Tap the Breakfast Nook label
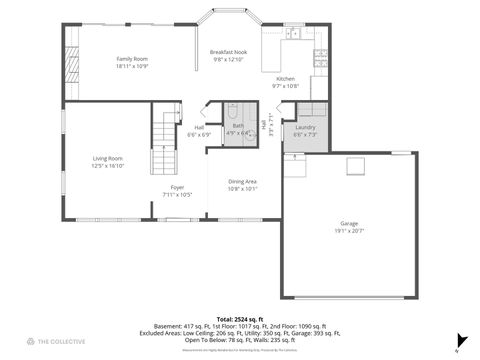point(229,51)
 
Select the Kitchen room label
point(285,78)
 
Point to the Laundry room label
point(306,127)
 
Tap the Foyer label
point(177,187)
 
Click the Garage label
point(348,223)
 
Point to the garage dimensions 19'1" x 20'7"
point(348,231)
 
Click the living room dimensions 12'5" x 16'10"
point(107,165)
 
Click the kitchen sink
point(294,35)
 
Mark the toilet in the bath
point(231,111)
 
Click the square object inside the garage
point(355,165)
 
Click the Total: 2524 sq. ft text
point(238,319)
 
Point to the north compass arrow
point(460,340)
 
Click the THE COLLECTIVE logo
point(55,342)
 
